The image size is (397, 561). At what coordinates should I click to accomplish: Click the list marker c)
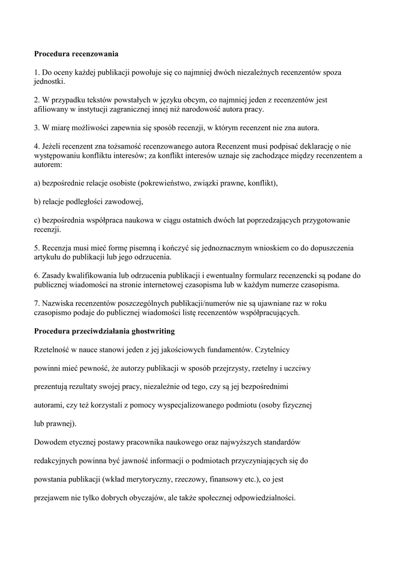coord(37,220)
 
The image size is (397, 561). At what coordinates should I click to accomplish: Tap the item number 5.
coord(37,248)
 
